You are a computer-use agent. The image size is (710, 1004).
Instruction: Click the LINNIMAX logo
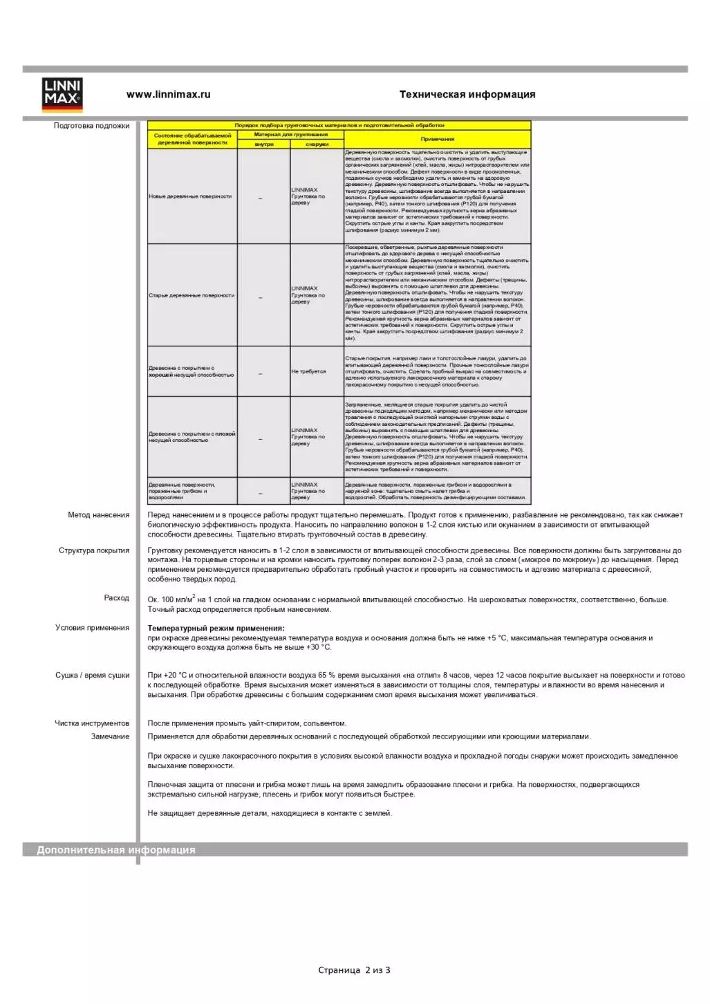62,95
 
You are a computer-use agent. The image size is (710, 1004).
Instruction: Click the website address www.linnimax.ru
168,95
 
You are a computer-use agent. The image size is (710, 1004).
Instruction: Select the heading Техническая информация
467,95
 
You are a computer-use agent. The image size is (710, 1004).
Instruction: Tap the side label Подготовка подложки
91,126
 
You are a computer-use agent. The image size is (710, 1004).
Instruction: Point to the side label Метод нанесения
98,515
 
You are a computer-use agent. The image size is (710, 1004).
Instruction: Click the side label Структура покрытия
94,551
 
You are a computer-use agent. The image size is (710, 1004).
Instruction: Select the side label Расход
116,598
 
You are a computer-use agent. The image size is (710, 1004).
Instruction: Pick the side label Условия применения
92,628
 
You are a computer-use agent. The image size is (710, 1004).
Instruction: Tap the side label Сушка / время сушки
92,676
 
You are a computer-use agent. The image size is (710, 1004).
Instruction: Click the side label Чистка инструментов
92,724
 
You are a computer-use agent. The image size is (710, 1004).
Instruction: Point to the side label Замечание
110,736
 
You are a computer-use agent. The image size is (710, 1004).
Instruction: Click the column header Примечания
437,139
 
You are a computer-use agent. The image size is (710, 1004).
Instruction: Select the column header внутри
263,145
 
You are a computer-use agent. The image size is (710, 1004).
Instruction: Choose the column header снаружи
317,145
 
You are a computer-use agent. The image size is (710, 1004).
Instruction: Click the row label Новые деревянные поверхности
190,196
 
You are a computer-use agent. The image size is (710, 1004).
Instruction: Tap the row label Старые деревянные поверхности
191,295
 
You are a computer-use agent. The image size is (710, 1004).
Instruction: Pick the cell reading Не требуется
308,371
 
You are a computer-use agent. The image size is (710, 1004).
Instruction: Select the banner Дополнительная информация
116,850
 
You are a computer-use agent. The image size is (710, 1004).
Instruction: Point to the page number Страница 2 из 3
354,970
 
